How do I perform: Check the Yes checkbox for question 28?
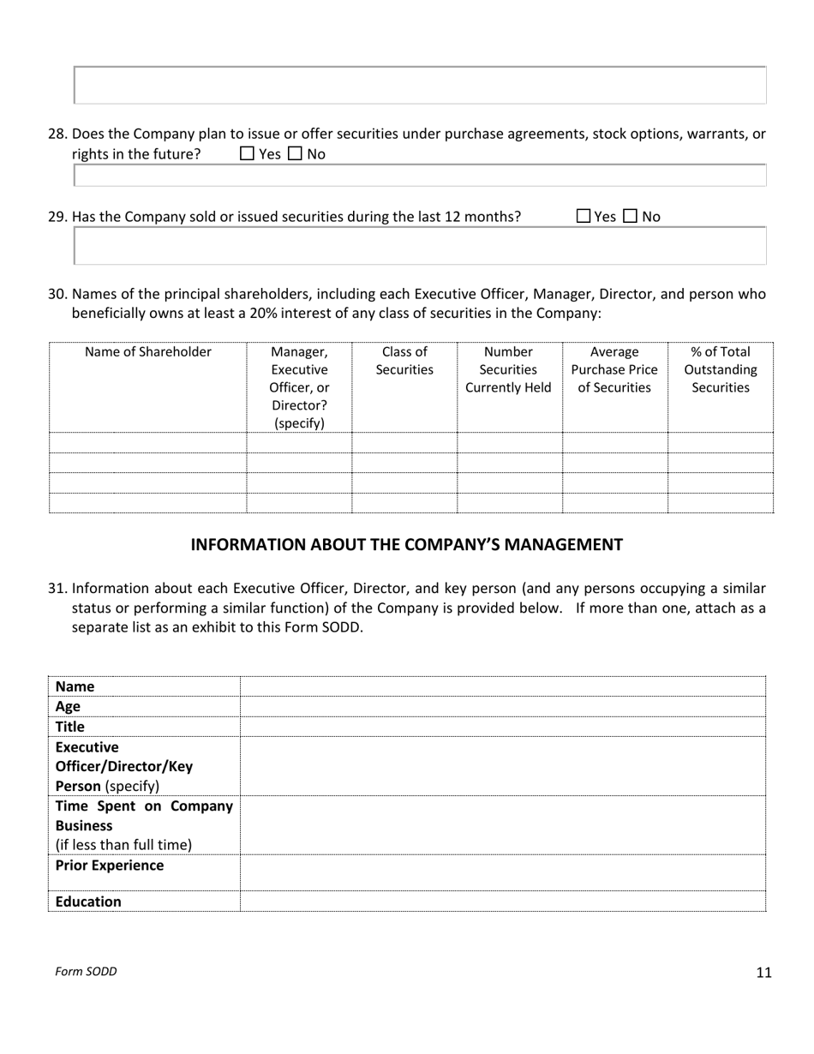pyautogui.click(x=248, y=154)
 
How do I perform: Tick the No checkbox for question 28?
pyautogui.click(x=295, y=154)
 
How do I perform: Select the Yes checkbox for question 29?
pyautogui.click(x=584, y=217)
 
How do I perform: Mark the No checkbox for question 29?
pyautogui.click(x=631, y=217)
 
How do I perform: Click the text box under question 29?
pyautogui.click(x=420, y=247)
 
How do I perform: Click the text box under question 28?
pyautogui.click(x=420, y=176)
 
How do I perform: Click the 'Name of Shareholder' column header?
pyautogui.click(x=148, y=352)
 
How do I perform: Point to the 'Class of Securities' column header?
pyautogui.click(x=404, y=361)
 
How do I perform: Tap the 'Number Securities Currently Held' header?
pyautogui.click(x=509, y=369)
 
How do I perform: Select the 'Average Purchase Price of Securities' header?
pyautogui.click(x=614, y=369)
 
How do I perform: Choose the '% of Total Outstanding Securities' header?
pyautogui.click(x=720, y=369)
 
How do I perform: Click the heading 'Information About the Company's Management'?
pyautogui.click(x=406, y=545)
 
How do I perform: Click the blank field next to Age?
pyautogui.click(x=503, y=707)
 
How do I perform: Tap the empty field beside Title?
pyautogui.click(x=503, y=727)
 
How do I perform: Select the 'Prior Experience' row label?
pyautogui.click(x=110, y=865)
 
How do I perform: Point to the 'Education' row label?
pyautogui.click(x=88, y=901)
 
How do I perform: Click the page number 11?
pyautogui.click(x=764, y=972)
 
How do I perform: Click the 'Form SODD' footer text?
pyautogui.click(x=86, y=972)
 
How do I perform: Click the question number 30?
pyautogui.click(x=57, y=295)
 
